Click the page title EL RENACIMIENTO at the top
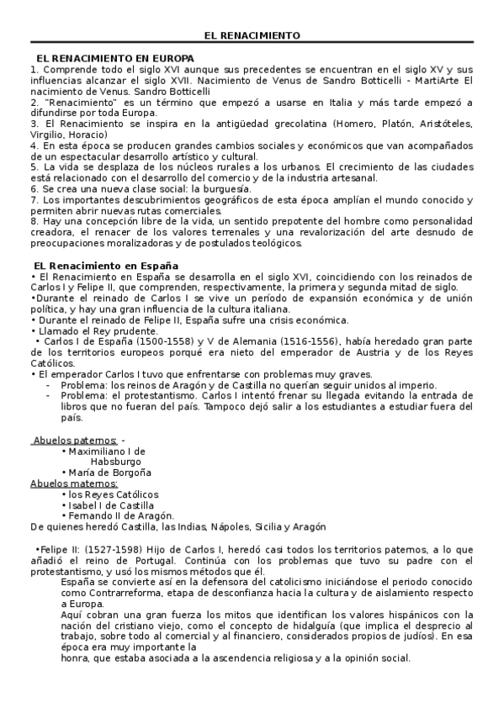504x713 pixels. click(x=252, y=35)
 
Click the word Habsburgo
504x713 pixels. click(x=117, y=462)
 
